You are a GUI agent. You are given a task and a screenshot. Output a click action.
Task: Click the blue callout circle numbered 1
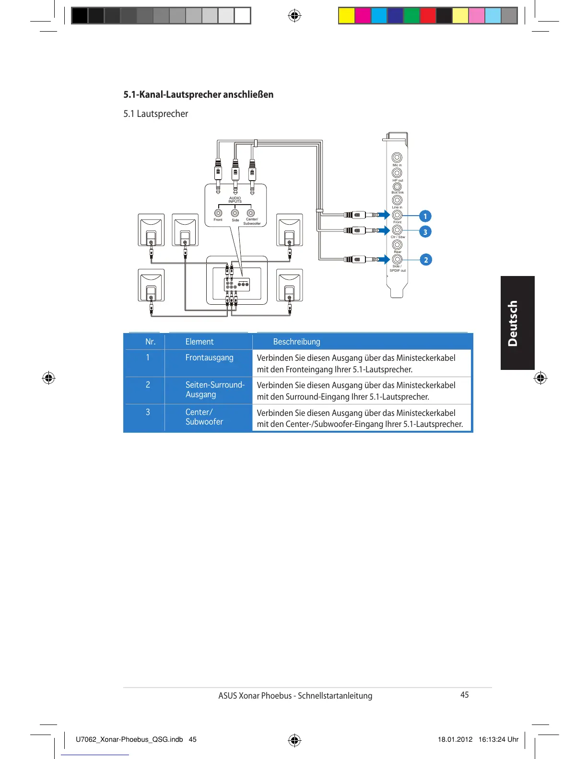pos(425,216)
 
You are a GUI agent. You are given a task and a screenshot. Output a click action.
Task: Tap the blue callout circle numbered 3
pos(425,232)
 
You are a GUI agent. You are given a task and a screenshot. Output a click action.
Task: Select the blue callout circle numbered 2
pos(425,260)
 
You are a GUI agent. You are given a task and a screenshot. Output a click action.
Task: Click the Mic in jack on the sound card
pos(397,158)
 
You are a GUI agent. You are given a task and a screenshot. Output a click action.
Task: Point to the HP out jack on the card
pos(397,172)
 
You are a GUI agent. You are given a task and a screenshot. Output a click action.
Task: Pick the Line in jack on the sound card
pos(397,200)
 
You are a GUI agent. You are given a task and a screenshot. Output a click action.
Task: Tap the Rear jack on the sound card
pos(397,245)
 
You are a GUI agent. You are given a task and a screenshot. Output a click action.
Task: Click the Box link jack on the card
pos(397,186)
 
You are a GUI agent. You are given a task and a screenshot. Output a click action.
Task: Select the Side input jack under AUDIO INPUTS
pos(235,213)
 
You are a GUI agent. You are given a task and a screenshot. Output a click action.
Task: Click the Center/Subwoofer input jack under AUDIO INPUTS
pos(251,213)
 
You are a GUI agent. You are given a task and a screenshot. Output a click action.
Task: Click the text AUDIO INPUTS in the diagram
pos(235,200)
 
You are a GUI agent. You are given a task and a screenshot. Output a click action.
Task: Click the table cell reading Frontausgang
pos(209,357)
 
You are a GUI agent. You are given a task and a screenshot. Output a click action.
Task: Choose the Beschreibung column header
pos(296,342)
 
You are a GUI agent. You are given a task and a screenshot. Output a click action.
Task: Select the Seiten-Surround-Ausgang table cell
pos(215,390)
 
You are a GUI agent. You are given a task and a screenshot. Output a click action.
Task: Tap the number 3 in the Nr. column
pos(148,412)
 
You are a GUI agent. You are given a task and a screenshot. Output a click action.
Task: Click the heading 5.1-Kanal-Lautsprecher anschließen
pos(198,94)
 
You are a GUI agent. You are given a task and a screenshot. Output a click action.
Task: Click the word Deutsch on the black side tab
pos(513,323)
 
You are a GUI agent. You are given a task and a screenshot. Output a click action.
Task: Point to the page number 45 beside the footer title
pos(464,695)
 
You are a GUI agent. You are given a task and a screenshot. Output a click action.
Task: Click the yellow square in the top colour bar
pos(347,16)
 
